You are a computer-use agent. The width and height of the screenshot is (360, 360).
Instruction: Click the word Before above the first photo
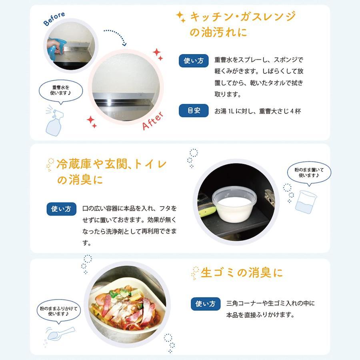click(x=54, y=18)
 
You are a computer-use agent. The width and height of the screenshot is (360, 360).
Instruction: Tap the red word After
click(x=153, y=121)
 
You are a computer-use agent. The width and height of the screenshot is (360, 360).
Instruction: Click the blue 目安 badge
click(x=194, y=110)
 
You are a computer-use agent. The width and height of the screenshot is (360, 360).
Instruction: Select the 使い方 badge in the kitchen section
click(x=194, y=61)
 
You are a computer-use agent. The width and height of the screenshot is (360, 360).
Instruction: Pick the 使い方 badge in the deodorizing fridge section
click(x=61, y=209)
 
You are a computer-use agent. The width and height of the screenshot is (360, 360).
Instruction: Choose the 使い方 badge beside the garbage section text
click(x=206, y=304)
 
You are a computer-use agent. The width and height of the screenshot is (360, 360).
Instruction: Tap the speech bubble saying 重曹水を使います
click(x=61, y=92)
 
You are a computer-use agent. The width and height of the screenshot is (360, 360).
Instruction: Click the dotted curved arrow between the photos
click(x=118, y=34)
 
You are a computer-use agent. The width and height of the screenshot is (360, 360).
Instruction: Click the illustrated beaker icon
click(x=306, y=202)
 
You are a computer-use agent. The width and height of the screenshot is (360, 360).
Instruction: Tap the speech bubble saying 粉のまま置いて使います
click(x=309, y=173)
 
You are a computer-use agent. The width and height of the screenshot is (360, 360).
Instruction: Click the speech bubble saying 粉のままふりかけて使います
click(x=59, y=311)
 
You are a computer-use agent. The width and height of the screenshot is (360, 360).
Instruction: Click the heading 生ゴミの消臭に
click(x=242, y=273)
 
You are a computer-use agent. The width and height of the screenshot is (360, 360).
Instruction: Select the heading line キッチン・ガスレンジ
click(x=243, y=17)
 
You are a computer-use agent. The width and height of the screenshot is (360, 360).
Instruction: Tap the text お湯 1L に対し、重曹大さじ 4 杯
click(x=258, y=111)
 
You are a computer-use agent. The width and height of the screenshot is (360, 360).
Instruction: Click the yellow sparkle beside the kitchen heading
click(x=181, y=17)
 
